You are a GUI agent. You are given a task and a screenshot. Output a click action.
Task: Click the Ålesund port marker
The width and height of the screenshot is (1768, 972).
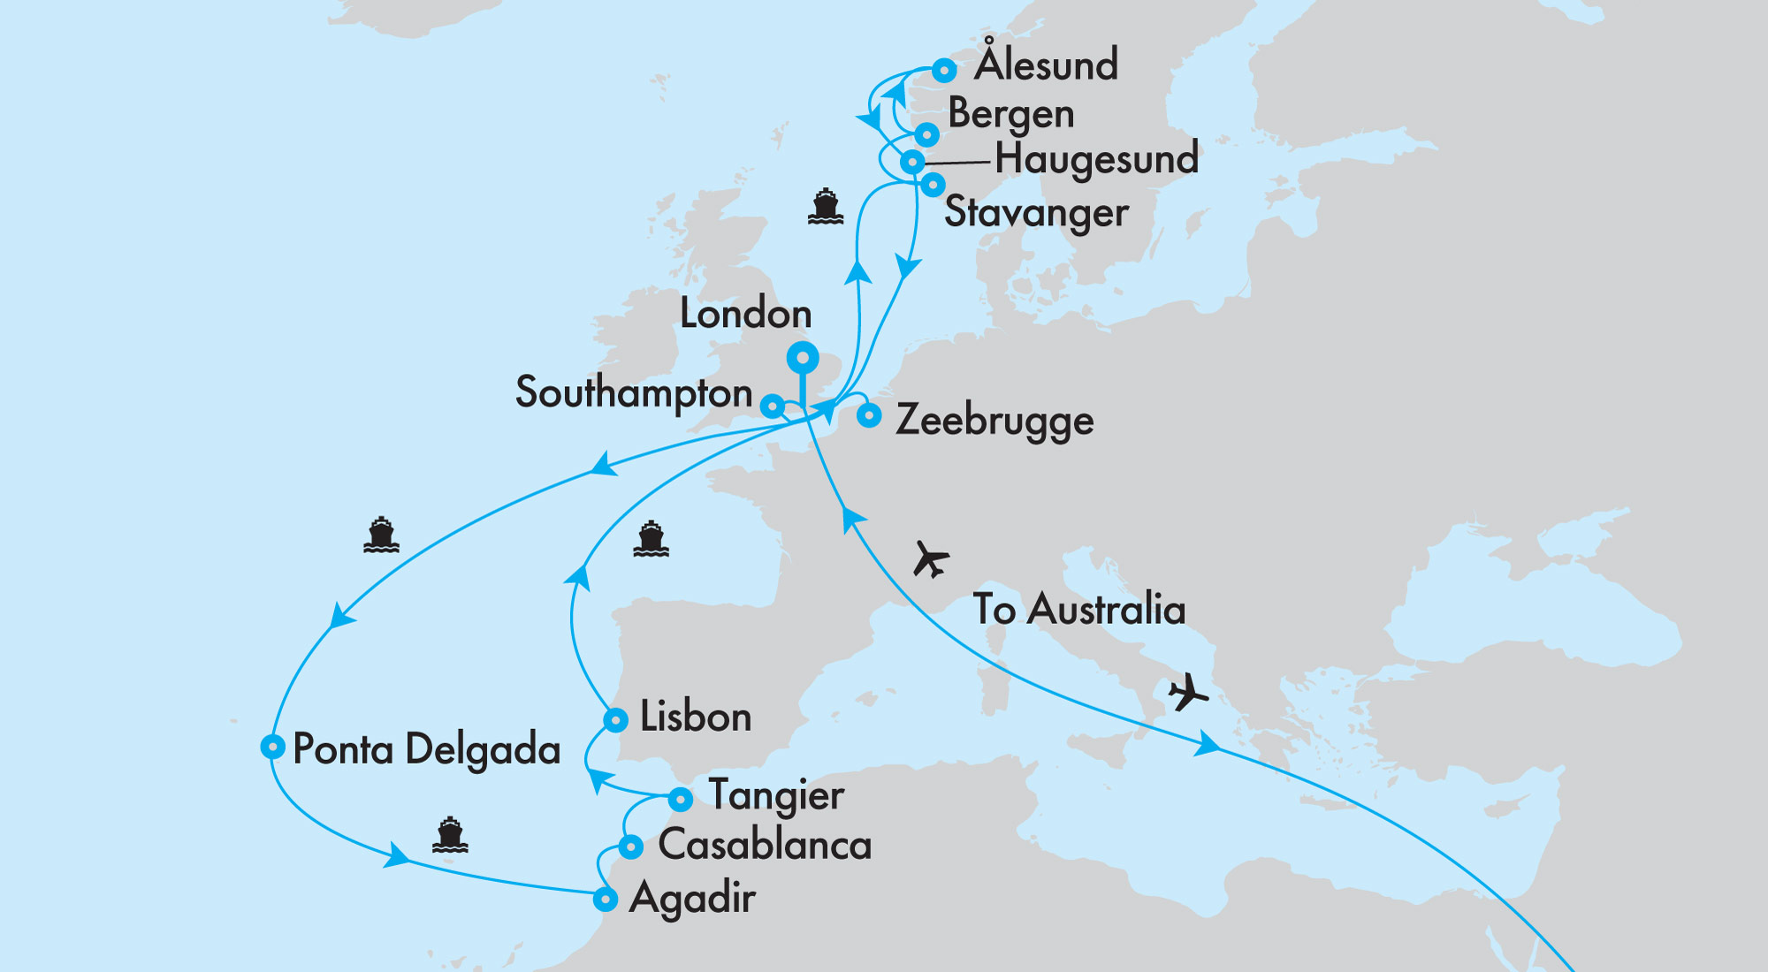pyautogui.click(x=944, y=70)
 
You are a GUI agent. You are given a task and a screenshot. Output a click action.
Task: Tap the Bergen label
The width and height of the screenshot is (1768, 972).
pyautogui.click(x=1010, y=114)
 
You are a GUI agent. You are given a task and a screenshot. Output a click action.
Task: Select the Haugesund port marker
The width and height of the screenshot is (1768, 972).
pyautogui.click(x=912, y=163)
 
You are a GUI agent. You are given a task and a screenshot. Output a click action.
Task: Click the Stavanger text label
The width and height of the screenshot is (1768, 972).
pyautogui.click(x=1036, y=213)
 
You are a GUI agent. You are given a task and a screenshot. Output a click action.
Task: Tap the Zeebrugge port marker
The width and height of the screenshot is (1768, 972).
pyautogui.click(x=869, y=415)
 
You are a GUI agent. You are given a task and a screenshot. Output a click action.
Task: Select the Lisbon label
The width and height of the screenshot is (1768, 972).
pyautogui.click(x=695, y=717)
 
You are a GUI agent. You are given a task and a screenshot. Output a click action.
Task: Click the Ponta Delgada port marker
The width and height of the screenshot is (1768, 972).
pyautogui.click(x=272, y=747)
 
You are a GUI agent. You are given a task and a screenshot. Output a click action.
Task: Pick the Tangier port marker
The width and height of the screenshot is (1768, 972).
pyautogui.click(x=680, y=800)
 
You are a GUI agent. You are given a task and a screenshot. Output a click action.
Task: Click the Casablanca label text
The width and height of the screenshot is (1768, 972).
pyautogui.click(x=765, y=845)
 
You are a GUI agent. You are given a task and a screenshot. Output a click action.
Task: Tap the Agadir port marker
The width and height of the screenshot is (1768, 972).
pyautogui.click(x=605, y=900)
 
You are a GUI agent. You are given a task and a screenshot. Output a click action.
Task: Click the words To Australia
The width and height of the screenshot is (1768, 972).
pyautogui.click(x=1078, y=610)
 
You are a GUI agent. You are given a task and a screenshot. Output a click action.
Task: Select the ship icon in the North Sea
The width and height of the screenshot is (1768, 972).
pyautogui.click(x=825, y=207)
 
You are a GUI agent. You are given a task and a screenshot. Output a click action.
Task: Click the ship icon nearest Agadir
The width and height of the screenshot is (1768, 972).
pyautogui.click(x=450, y=835)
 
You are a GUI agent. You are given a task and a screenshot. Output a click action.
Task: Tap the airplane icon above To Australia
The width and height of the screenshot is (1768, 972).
pyautogui.click(x=930, y=558)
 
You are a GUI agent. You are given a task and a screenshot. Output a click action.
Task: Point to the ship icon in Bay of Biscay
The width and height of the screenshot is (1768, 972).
pyautogui.click(x=651, y=539)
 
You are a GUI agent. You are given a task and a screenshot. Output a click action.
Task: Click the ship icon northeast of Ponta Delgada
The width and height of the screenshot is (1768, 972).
pyautogui.click(x=381, y=535)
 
